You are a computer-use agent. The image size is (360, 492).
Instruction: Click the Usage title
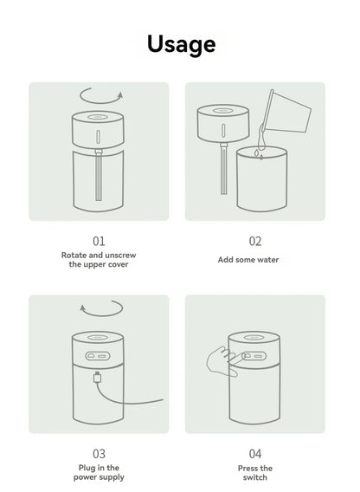pyautogui.click(x=180, y=43)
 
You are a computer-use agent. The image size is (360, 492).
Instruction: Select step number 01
pyautogui.click(x=98, y=241)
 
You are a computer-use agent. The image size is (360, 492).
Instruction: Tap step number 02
pyautogui.click(x=255, y=241)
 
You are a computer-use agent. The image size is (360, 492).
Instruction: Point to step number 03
pyautogui.click(x=98, y=453)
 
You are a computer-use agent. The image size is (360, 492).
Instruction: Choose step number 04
pyautogui.click(x=255, y=453)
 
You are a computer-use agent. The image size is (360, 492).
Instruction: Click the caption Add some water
pyautogui.click(x=255, y=259)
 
